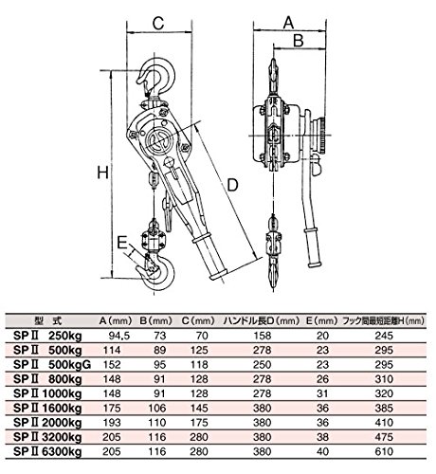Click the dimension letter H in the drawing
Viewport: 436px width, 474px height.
point(102,173)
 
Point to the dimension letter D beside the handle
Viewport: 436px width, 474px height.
point(232,185)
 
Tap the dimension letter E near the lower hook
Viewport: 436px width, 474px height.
point(121,243)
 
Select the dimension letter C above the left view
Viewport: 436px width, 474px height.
point(158,23)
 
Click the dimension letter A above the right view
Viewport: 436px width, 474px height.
point(288,23)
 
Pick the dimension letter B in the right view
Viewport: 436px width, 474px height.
point(299,41)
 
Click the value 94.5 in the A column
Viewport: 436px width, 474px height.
point(119,336)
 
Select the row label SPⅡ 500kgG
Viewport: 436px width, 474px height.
point(52,365)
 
